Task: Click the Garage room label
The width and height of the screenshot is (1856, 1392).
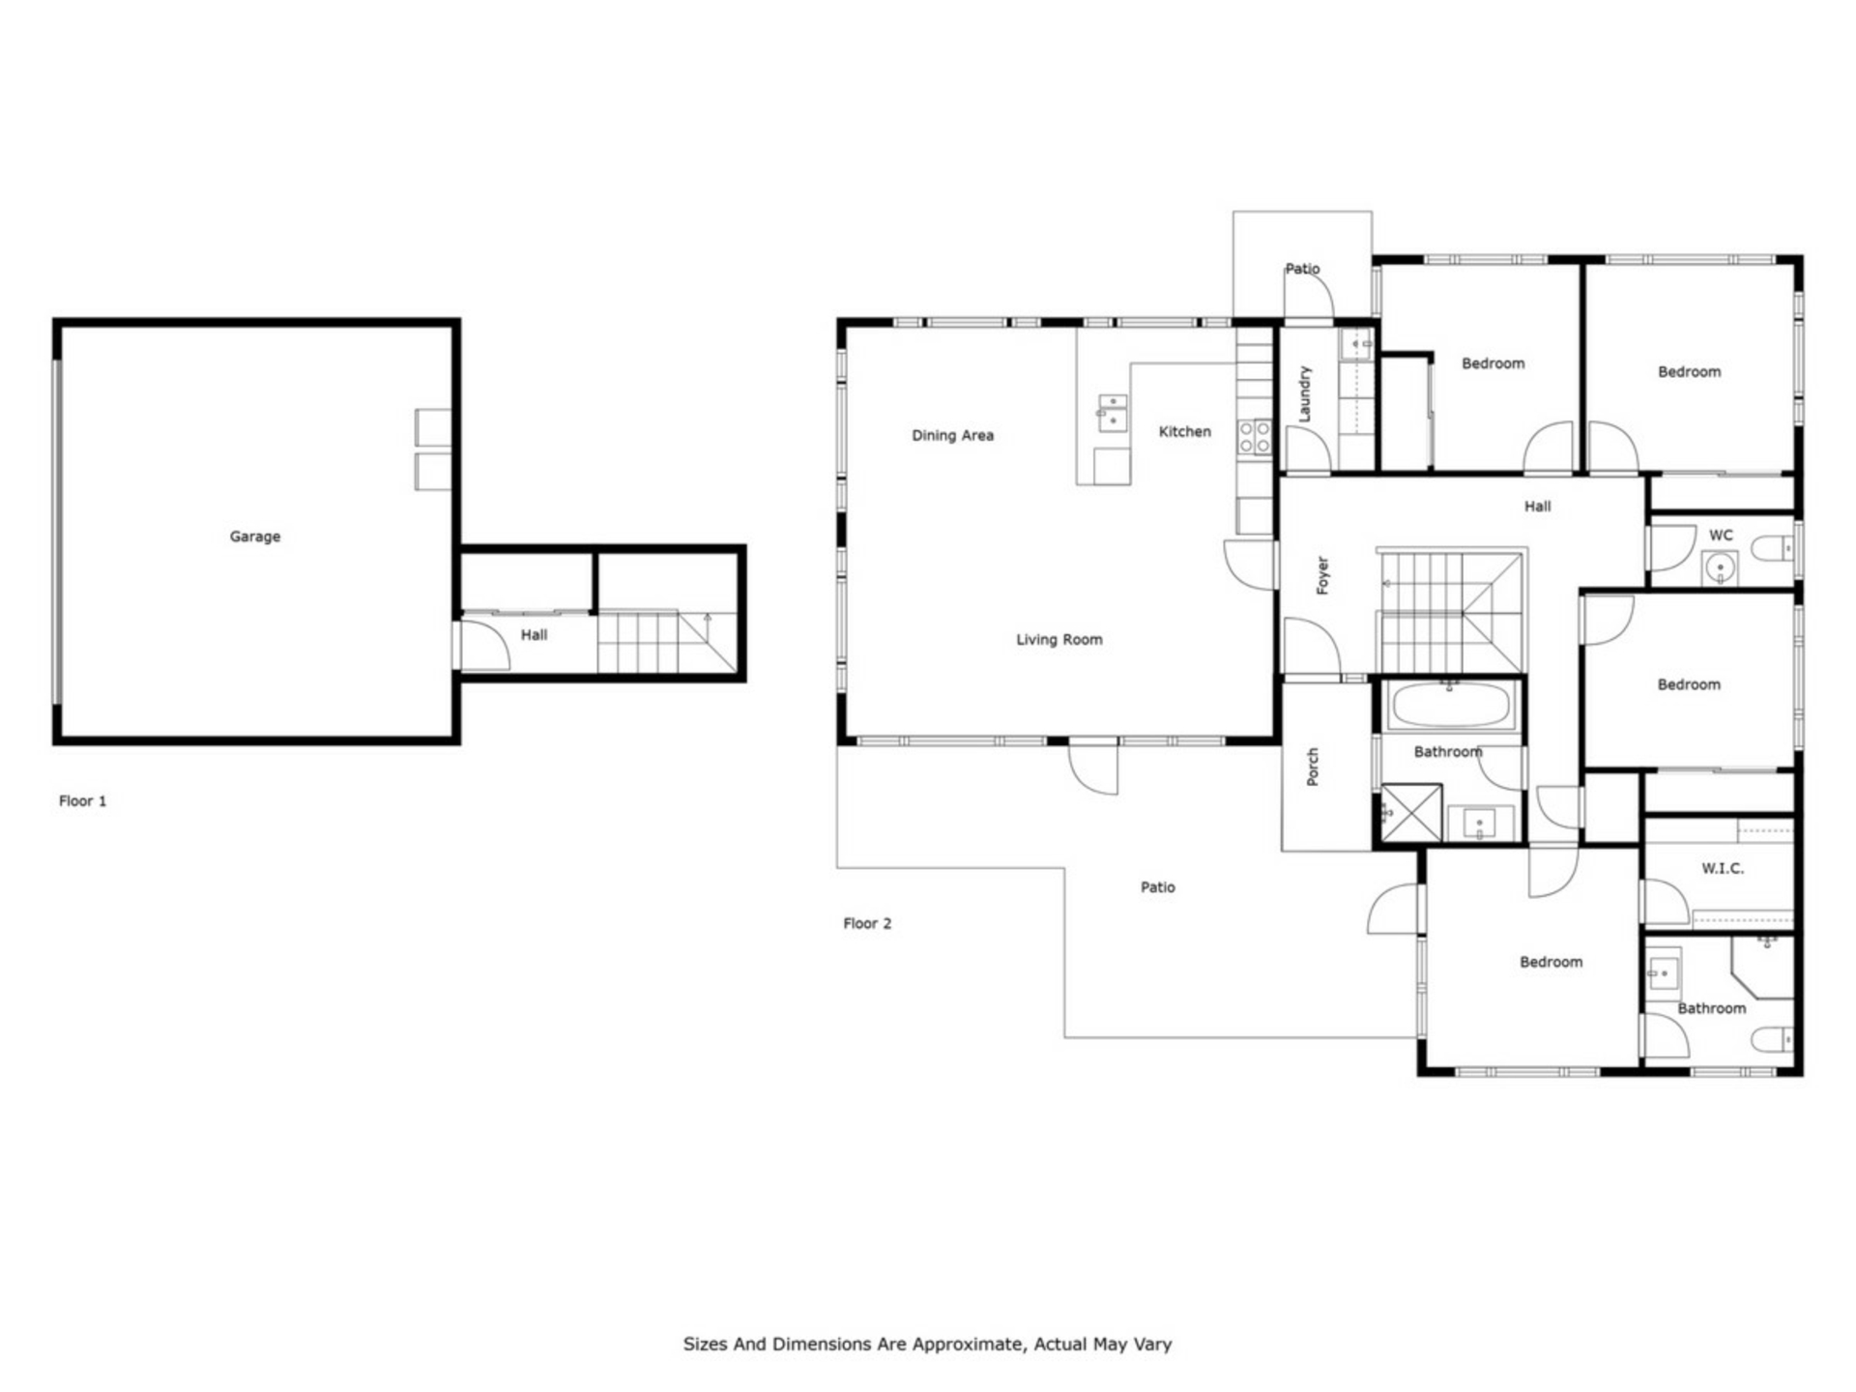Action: (x=255, y=536)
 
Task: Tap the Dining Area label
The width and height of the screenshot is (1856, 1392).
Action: (x=952, y=435)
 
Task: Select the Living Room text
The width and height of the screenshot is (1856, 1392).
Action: (x=1058, y=639)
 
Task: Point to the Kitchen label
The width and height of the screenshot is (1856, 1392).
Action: (x=1184, y=431)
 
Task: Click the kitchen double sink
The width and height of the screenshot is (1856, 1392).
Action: (x=1112, y=412)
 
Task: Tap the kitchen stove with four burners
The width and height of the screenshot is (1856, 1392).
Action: (x=1255, y=437)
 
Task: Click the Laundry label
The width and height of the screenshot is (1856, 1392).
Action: (x=1304, y=393)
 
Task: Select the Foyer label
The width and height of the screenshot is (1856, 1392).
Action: (x=1322, y=575)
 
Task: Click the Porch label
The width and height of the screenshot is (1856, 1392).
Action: (x=1312, y=767)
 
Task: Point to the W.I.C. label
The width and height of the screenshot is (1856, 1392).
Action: (x=1723, y=868)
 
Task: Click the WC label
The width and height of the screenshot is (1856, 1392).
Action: (x=1721, y=535)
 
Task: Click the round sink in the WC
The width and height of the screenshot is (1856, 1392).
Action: (x=1720, y=567)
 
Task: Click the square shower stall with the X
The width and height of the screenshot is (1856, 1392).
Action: (x=1410, y=813)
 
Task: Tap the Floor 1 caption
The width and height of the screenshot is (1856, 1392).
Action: (x=82, y=800)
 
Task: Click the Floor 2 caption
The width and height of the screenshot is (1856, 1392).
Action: (x=867, y=923)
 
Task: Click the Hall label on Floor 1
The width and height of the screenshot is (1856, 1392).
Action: (x=534, y=635)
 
